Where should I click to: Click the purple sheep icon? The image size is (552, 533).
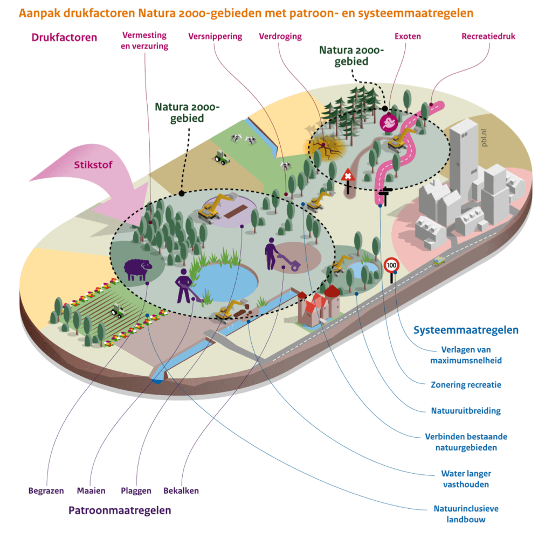click(x=137, y=269)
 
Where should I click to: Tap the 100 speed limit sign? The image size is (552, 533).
click(x=391, y=265)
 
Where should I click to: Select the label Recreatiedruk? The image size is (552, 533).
click(x=489, y=37)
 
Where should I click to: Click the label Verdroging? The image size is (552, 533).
click(x=280, y=37)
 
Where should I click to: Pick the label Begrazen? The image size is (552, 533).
click(x=46, y=490)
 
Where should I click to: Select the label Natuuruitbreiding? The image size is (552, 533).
click(x=466, y=411)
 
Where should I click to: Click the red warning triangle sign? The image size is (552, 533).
click(x=348, y=176)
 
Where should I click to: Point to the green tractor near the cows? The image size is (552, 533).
click(x=221, y=158)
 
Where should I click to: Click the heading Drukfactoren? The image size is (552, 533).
click(x=64, y=37)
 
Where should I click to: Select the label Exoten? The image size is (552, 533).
click(x=408, y=37)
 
